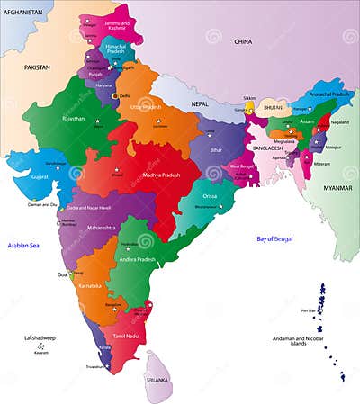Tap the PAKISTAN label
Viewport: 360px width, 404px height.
click(x=37, y=67)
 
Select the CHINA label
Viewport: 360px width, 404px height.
click(x=243, y=42)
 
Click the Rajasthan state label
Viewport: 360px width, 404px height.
click(x=74, y=118)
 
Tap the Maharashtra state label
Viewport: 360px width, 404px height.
click(x=102, y=229)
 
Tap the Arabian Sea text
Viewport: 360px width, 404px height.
click(x=25, y=246)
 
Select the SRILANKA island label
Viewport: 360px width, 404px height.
click(x=157, y=380)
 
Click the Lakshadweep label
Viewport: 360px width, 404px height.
click(x=40, y=338)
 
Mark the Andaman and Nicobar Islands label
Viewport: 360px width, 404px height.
click(x=297, y=342)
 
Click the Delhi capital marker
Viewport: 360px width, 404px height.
click(x=114, y=95)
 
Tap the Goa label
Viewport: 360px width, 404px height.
click(x=62, y=274)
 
